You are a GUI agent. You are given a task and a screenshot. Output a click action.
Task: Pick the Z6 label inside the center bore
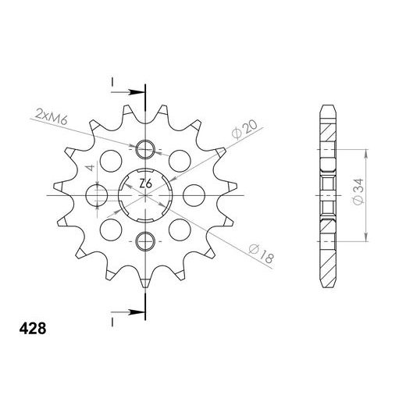pyautogui.click(x=146, y=184)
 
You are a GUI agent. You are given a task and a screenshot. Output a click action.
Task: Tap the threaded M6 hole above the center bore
pyautogui.click(x=145, y=149)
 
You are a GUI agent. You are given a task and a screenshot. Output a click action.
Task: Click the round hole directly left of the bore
pyautogui.click(x=100, y=194)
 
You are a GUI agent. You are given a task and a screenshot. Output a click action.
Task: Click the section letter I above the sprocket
pyautogui.click(x=113, y=81)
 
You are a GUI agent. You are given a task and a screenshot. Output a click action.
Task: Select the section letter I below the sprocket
pyautogui.click(x=113, y=320)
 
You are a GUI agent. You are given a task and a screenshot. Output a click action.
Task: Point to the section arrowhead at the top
pyautogui.click(x=138, y=91)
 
